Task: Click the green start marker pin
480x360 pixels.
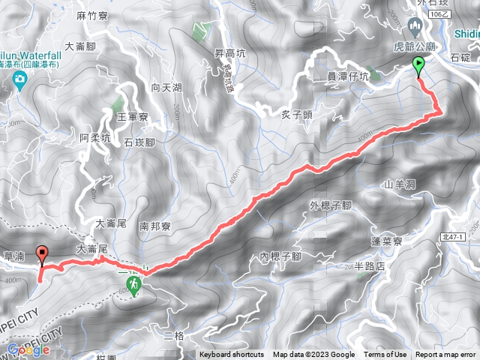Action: [x=418, y=67]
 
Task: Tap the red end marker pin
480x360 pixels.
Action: [x=42, y=255]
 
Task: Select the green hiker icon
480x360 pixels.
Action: [x=134, y=285]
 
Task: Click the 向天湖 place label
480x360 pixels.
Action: [x=166, y=88]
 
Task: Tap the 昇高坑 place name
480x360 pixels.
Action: [x=230, y=54]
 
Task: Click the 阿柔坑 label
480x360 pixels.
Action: [x=94, y=137]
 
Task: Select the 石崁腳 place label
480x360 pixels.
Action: [x=139, y=142]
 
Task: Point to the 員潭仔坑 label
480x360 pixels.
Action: [x=348, y=76]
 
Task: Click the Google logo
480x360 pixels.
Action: [x=27, y=349]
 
